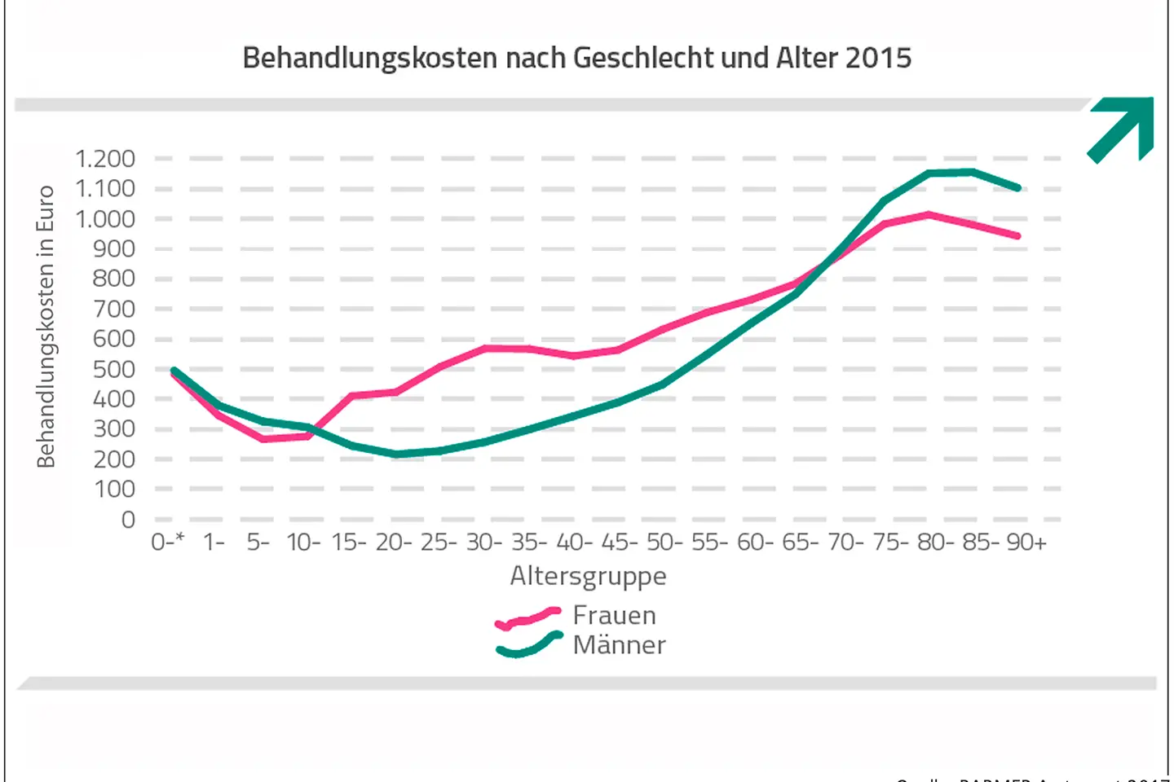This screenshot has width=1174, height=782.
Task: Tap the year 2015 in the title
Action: coord(878,59)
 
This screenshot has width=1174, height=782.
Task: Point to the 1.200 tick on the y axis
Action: coord(105,159)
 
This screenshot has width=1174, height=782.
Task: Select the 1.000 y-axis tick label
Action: coord(105,219)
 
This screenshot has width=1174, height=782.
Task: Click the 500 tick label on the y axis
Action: coord(114,369)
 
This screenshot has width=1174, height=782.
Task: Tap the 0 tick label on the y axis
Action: coord(128,520)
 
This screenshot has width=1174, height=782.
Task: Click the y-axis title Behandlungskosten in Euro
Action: coord(46,327)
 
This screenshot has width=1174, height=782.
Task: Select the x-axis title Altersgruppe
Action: coord(588,576)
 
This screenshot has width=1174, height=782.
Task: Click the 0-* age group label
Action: coord(168,543)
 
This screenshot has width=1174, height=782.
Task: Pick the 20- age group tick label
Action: coord(394,543)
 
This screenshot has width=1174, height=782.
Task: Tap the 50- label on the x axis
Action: coord(664,543)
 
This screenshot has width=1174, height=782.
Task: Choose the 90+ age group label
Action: coord(1026,543)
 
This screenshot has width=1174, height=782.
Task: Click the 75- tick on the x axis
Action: coord(890,543)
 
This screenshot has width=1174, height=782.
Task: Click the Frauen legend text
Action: coord(614,615)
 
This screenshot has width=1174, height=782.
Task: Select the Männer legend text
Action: coord(619,645)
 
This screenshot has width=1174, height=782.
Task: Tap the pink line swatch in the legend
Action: coord(528,618)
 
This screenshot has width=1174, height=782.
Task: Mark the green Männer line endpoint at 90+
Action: coord(1017,188)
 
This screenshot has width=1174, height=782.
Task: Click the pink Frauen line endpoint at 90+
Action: coord(1017,236)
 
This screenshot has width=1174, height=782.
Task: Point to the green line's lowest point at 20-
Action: coord(396,454)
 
